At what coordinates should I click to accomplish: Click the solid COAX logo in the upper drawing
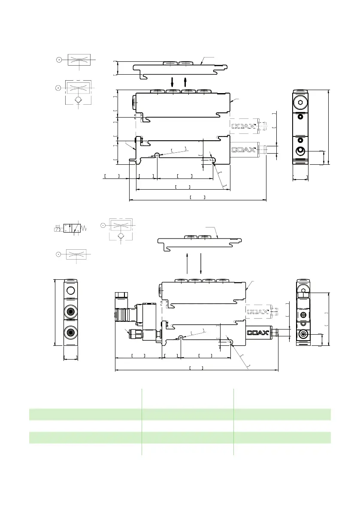pyautogui.click(x=243, y=150)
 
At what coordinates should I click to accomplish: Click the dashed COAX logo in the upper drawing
pyautogui.click(x=243, y=126)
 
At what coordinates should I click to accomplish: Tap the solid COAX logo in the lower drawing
pyautogui.click(x=258, y=333)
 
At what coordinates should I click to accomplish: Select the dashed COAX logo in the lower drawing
pyautogui.click(x=258, y=311)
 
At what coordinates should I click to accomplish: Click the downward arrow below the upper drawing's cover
pyautogui.click(x=172, y=82)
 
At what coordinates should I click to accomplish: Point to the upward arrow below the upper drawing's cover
pyautogui.click(x=185, y=82)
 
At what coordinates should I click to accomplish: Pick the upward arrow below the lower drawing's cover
pyautogui.click(x=188, y=263)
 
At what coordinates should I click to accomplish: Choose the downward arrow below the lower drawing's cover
pyautogui.click(x=201, y=263)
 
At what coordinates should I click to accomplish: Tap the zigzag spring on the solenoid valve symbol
pyautogui.click(x=84, y=228)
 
